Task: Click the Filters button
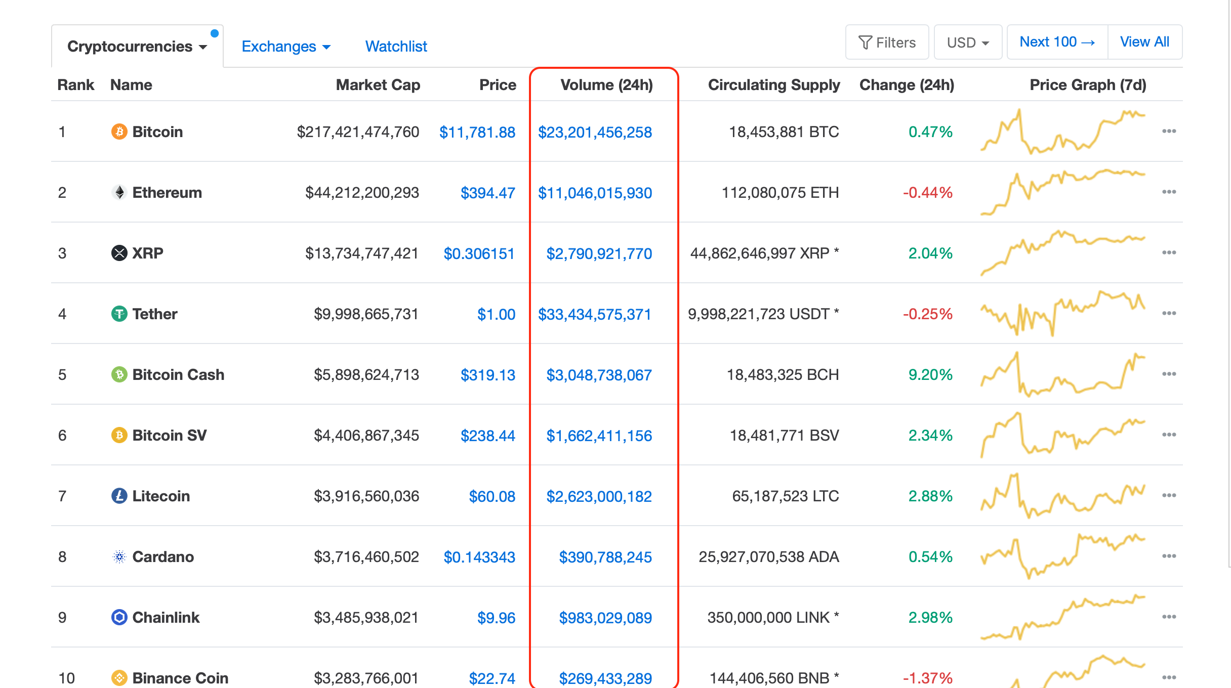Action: click(887, 42)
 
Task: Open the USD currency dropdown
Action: click(967, 42)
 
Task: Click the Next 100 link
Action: click(1057, 42)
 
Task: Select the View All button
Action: click(1144, 42)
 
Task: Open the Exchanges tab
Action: click(285, 47)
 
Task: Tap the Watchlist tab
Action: click(396, 47)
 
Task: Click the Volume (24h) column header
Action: click(606, 85)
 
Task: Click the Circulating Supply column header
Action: click(773, 85)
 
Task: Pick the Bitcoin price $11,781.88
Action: click(477, 133)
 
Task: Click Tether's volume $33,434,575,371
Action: click(594, 315)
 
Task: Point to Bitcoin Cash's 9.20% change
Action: click(930, 375)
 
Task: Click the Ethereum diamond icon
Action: click(119, 193)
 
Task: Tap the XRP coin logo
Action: click(119, 253)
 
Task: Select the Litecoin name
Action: click(161, 496)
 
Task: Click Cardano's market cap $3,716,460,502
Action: click(366, 557)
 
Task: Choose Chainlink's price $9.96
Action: click(496, 618)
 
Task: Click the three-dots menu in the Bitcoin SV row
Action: click(1169, 435)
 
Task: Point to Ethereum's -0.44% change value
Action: click(927, 193)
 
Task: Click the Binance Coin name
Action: click(180, 678)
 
